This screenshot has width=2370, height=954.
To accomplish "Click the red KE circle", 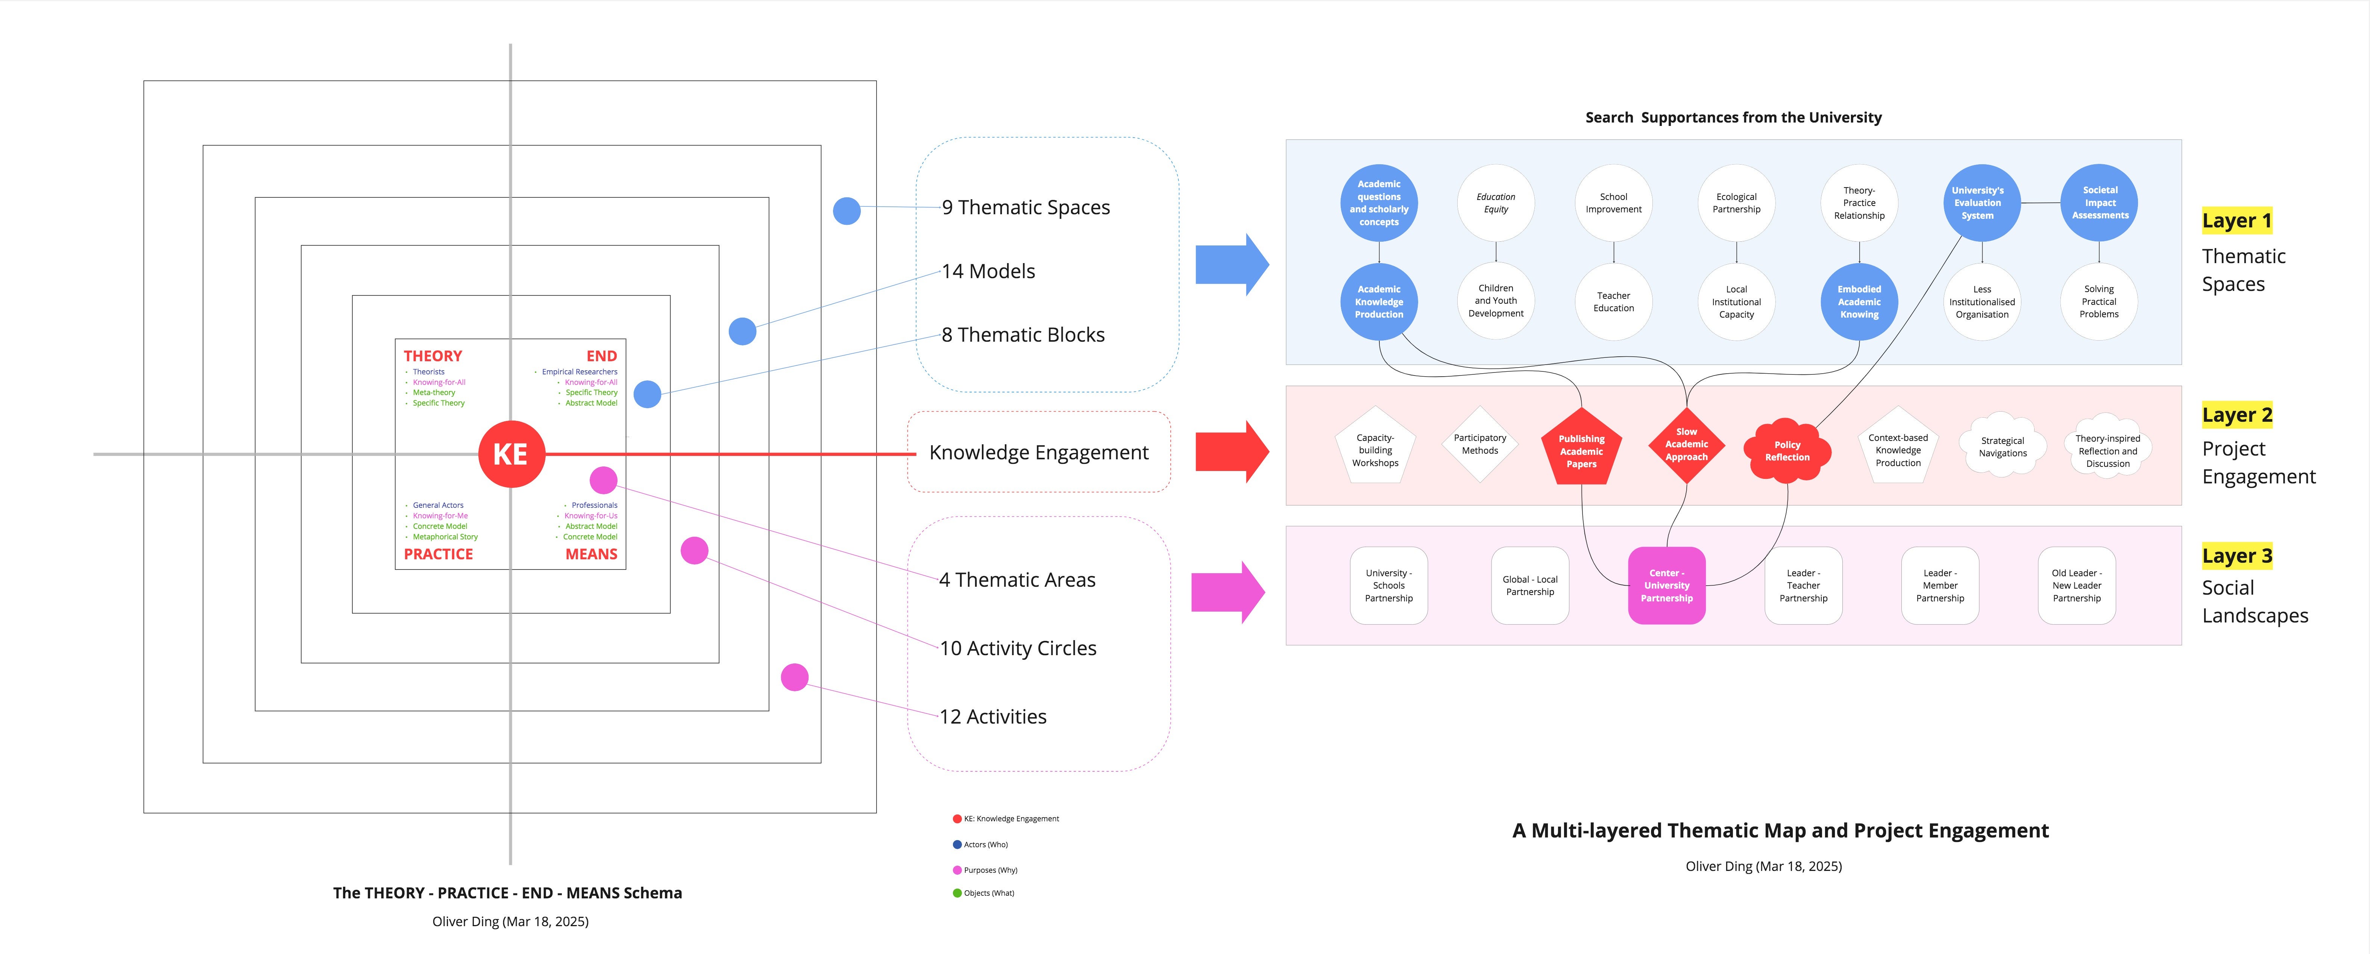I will (511, 454).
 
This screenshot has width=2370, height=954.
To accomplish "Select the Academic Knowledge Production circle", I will (1378, 302).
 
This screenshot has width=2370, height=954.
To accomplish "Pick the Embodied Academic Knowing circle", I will (1859, 302).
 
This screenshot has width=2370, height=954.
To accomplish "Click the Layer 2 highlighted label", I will (2236, 415).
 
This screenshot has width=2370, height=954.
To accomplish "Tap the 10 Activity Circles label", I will (1018, 648).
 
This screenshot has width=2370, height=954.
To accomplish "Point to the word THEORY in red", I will (432, 356).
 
